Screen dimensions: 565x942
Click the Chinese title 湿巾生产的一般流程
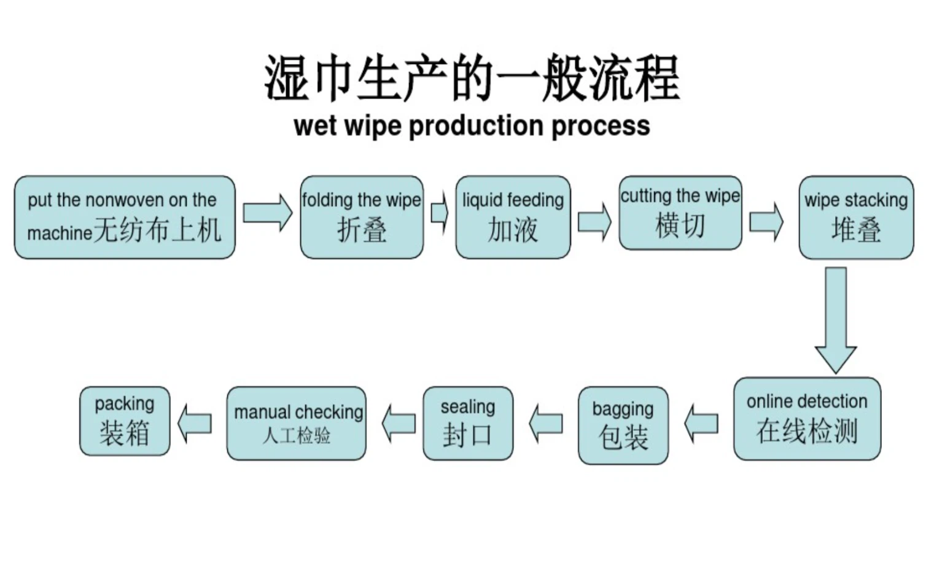click(x=472, y=78)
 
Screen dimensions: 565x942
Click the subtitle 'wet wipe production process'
click(x=472, y=126)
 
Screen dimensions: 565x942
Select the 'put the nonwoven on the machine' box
click(x=125, y=217)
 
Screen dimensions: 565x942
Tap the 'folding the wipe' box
click(x=362, y=217)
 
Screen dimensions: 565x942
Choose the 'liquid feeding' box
click(x=513, y=217)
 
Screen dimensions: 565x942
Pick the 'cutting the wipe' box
click(x=680, y=213)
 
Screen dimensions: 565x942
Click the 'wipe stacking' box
click(x=856, y=217)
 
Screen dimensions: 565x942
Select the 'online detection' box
click(x=807, y=419)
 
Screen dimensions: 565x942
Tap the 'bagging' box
click(x=623, y=425)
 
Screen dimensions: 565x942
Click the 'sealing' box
click(x=467, y=423)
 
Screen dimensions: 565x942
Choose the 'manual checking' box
click(x=296, y=423)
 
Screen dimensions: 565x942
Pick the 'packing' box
click(x=125, y=421)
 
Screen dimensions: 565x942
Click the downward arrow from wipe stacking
click(x=835, y=320)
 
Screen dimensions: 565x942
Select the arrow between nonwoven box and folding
click(x=268, y=213)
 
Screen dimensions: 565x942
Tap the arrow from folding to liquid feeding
click(x=440, y=213)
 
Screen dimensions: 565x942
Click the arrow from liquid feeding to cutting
click(x=594, y=221)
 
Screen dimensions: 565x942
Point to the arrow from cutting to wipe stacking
click(x=766, y=221)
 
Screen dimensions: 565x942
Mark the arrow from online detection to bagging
click(x=701, y=424)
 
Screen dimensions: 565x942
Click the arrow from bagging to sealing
click(x=545, y=424)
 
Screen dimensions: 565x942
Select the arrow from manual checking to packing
click(x=195, y=424)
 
